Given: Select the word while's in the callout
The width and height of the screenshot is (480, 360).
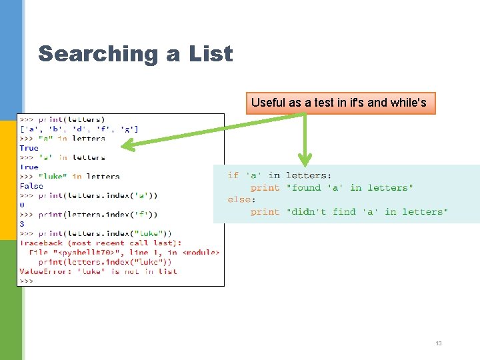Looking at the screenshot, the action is pos(406,103).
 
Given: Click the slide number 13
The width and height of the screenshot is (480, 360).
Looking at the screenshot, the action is pos(438,343).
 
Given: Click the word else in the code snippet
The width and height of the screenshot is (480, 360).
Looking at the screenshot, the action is pos(239,199).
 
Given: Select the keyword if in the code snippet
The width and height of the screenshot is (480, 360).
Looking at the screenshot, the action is pos(233,175).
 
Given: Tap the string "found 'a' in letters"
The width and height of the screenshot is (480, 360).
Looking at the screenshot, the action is pos(349,187).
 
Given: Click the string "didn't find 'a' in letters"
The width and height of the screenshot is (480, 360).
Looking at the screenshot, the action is pos(367,211).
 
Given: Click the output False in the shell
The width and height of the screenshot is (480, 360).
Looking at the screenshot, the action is pos(31,186).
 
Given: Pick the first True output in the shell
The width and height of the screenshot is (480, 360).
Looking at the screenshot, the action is pos(29,148).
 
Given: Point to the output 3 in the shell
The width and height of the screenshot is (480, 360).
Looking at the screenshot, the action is pos(22,224).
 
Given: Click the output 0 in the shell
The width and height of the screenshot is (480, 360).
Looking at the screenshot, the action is pos(22,205).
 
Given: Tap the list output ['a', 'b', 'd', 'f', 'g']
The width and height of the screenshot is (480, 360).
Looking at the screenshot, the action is pos(79,129).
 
